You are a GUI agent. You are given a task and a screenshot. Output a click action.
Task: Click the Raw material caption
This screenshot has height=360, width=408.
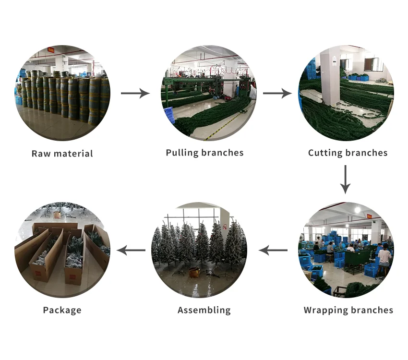click(x=62, y=154)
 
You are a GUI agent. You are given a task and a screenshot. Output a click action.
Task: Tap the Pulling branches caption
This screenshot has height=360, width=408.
click(x=204, y=153)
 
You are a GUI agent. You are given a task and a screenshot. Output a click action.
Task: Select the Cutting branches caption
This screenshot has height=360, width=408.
click(x=348, y=153)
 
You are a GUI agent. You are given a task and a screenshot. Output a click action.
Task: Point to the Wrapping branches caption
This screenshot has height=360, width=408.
click(x=348, y=310)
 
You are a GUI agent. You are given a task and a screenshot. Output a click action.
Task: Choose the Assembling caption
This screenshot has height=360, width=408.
click(x=204, y=310)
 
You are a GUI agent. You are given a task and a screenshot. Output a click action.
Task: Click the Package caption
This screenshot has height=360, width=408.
click(x=62, y=310)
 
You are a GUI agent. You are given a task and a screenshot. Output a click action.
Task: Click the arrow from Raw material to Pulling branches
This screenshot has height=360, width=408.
click(x=135, y=93)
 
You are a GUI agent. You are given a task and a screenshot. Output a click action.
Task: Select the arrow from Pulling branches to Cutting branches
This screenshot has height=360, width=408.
click(x=277, y=93)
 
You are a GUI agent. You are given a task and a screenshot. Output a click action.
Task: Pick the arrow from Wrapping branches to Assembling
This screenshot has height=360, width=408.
click(x=273, y=250)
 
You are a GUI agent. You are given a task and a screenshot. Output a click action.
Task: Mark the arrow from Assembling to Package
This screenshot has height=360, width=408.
click(x=132, y=250)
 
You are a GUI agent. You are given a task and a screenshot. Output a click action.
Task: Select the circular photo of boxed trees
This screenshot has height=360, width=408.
click(x=62, y=250)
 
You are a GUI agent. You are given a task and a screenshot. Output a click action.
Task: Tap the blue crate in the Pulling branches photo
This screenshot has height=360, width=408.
click(x=168, y=115)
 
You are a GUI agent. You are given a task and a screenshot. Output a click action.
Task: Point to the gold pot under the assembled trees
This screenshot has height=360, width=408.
click(x=194, y=273)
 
